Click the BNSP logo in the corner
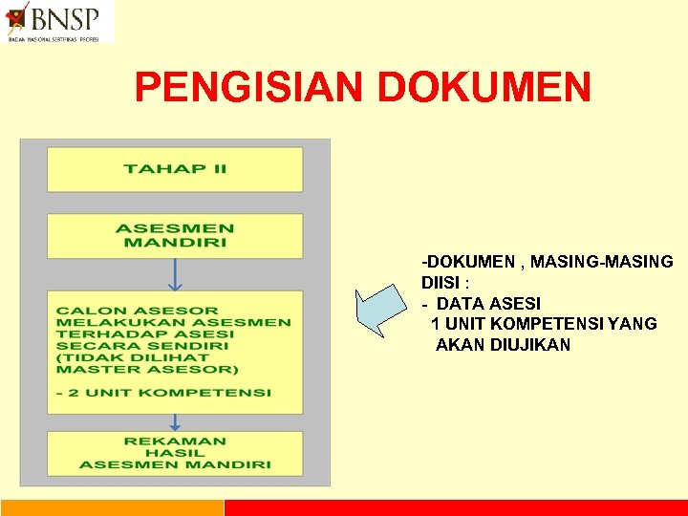(57, 21)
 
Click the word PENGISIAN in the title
(250, 88)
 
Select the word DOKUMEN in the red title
(484, 88)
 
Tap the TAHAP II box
(175, 169)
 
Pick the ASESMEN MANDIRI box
(175, 235)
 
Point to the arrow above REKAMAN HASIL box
(175, 421)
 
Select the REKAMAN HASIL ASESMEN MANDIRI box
(175, 453)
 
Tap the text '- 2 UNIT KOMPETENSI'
(163, 393)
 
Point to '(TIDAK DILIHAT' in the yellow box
(119, 357)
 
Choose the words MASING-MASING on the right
(602, 262)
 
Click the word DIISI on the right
(441, 283)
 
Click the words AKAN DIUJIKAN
(503, 345)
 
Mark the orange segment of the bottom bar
(112, 507)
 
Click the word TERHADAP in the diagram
(101, 334)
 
